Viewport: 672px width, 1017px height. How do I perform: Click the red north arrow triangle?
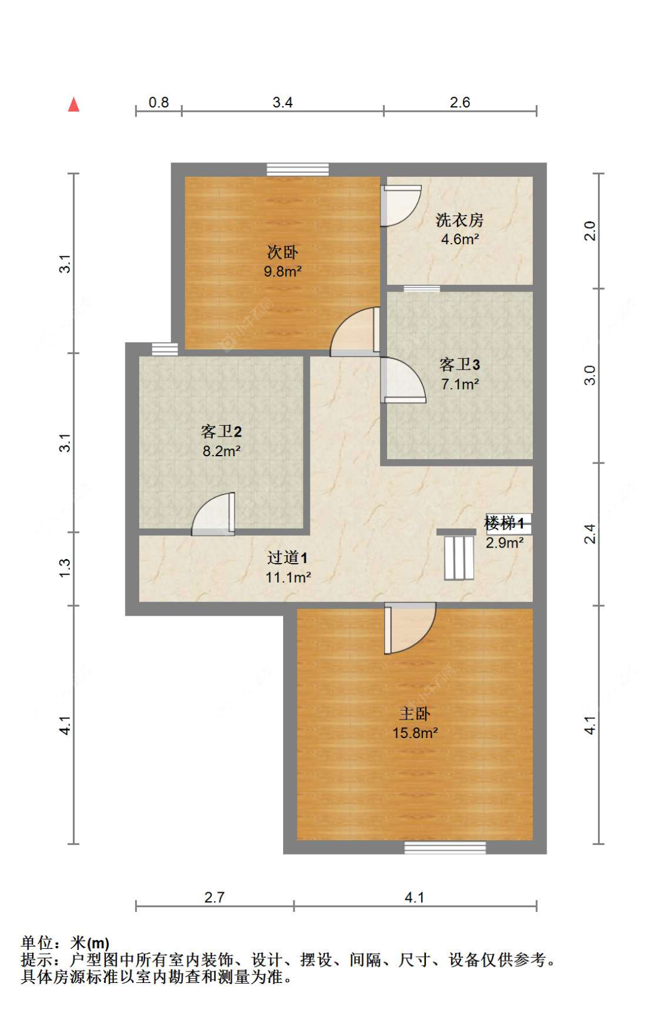[73, 105]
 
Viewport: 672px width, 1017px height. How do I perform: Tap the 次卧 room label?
[283, 252]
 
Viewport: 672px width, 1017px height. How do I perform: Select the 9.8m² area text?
[283, 272]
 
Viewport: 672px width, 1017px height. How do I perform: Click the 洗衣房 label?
[459, 220]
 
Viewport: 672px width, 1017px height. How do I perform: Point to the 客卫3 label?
[459, 364]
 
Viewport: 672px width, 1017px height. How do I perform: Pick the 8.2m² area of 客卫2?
[221, 451]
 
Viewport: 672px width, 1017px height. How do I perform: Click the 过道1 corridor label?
[287, 558]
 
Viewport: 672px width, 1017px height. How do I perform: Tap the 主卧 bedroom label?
[415, 714]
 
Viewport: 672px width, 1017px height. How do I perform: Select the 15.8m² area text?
[415, 733]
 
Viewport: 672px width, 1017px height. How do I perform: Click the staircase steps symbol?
[459, 558]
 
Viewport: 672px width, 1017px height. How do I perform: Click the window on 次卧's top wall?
[297, 170]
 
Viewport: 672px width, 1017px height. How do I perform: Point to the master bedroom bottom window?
[445, 847]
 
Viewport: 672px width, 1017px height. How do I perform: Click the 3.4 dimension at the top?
[283, 103]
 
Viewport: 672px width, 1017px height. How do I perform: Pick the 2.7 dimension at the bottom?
[214, 898]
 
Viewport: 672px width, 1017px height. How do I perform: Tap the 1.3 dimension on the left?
[65, 568]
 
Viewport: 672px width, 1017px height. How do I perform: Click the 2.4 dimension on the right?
[590, 534]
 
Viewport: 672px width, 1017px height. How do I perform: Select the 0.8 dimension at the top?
[159, 103]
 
